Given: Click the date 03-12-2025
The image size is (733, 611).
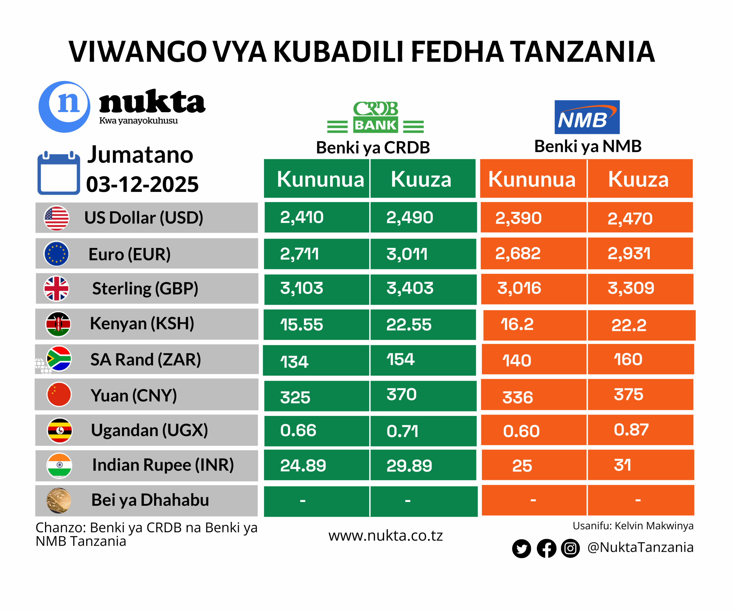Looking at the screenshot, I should pyautogui.click(x=142, y=184).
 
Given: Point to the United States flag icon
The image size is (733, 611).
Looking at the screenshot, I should pyautogui.click(x=56, y=218).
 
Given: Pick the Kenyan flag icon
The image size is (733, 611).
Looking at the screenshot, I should pyautogui.click(x=58, y=324).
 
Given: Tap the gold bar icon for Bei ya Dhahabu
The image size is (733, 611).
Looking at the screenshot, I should pyautogui.click(x=59, y=500).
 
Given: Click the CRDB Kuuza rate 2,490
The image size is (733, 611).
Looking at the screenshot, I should pyautogui.click(x=409, y=217).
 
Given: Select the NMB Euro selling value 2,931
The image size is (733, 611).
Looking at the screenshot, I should pyautogui.click(x=629, y=254).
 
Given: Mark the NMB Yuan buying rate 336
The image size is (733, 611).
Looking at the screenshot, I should pyautogui.click(x=518, y=397).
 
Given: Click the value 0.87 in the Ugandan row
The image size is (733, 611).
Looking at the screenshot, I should pyautogui.click(x=631, y=430).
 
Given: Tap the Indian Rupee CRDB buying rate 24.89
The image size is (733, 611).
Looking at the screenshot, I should pyautogui.click(x=303, y=465).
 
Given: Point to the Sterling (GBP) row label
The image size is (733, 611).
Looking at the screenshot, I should pyautogui.click(x=145, y=288).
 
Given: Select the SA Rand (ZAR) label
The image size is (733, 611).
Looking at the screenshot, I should pyautogui.click(x=145, y=359).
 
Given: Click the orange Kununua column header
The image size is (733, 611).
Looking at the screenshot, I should pyautogui.click(x=532, y=179).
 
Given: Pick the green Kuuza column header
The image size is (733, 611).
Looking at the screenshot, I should pyautogui.click(x=421, y=179).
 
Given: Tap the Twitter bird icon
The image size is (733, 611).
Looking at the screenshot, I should pyautogui.click(x=521, y=549).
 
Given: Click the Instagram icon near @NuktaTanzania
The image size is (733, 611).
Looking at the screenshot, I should pyautogui.click(x=570, y=548).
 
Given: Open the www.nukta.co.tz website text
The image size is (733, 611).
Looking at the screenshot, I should pyautogui.click(x=385, y=536).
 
